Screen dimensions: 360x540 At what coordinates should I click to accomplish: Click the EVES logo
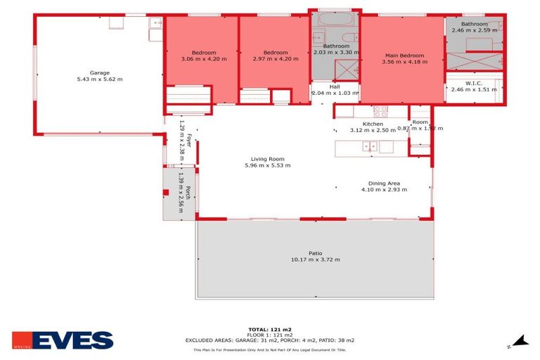(63, 340)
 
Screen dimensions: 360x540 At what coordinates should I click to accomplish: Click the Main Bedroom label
(404, 55)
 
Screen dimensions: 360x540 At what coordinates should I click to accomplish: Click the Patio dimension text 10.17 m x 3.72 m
(314, 259)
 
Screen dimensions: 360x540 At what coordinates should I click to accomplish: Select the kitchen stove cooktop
(380, 110)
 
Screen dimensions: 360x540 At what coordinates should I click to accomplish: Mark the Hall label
(335, 86)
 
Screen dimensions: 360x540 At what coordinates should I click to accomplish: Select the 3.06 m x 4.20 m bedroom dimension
(203, 59)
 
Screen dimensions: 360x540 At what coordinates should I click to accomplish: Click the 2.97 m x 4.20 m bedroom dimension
(275, 59)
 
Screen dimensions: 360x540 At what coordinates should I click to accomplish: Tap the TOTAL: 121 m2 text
(270, 329)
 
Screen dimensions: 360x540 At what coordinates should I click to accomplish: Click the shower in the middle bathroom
(345, 70)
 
